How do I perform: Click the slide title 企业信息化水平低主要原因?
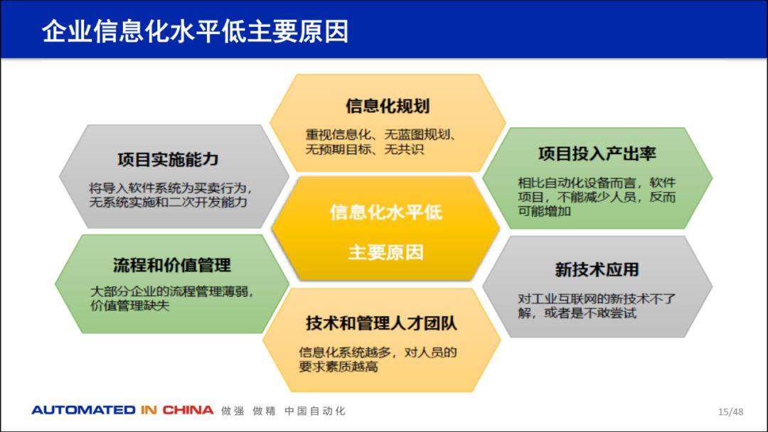click(195, 32)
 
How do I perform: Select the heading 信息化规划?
click(388, 106)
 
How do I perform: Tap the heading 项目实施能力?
click(168, 159)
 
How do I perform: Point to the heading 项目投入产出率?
click(597, 153)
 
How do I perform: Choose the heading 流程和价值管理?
click(172, 265)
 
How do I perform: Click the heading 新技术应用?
click(597, 269)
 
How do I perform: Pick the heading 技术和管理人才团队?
click(381, 323)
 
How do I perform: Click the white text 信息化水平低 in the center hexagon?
click(385, 212)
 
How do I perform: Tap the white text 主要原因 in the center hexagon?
click(385, 252)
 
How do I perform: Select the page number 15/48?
click(730, 411)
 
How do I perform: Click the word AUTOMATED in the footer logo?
click(84, 410)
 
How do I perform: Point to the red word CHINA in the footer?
click(188, 410)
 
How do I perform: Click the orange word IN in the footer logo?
click(149, 410)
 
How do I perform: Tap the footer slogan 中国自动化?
click(315, 411)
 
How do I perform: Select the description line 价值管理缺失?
click(130, 306)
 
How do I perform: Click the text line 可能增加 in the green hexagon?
click(544, 211)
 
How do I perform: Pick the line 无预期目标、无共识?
click(364, 149)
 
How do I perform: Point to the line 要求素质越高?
click(338, 367)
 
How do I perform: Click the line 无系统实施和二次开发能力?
click(168, 202)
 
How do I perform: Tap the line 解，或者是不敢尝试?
click(577, 313)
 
